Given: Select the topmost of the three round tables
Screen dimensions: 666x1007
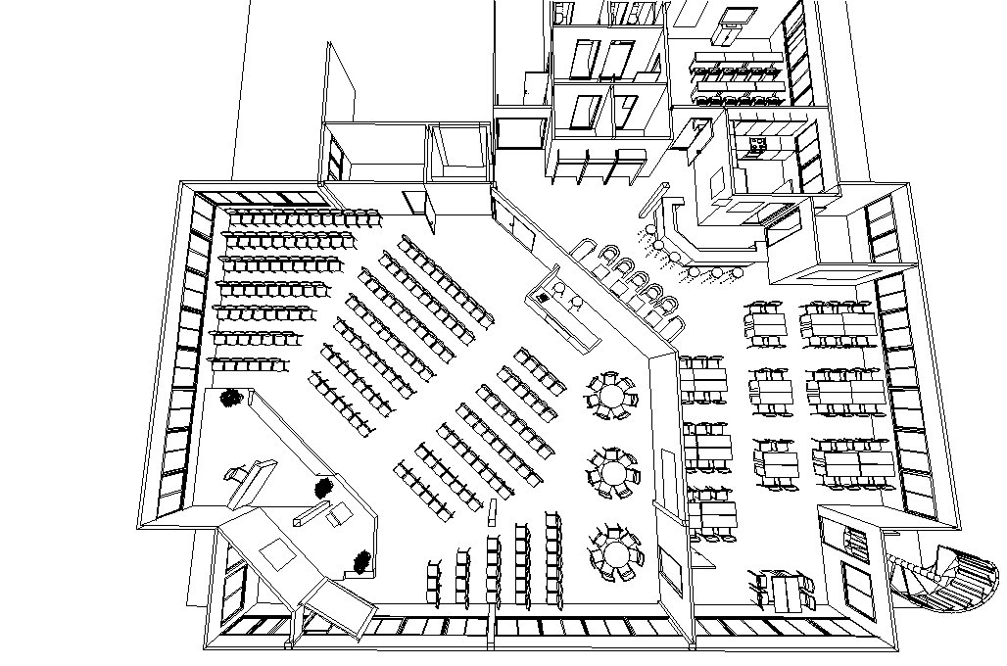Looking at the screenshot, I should (x=612, y=397).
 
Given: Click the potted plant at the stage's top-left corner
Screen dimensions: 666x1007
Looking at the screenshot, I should (x=232, y=398).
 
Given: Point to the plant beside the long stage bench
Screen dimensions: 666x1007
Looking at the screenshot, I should (x=323, y=487).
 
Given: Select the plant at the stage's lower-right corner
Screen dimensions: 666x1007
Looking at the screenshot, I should (x=362, y=561).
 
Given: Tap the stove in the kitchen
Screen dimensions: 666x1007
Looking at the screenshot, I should (x=757, y=147).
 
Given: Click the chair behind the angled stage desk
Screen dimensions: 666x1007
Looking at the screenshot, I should (x=235, y=474).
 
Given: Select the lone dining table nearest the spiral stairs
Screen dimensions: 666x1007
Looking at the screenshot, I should (x=785, y=589).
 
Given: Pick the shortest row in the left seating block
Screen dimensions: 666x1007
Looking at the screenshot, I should (x=249, y=363).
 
